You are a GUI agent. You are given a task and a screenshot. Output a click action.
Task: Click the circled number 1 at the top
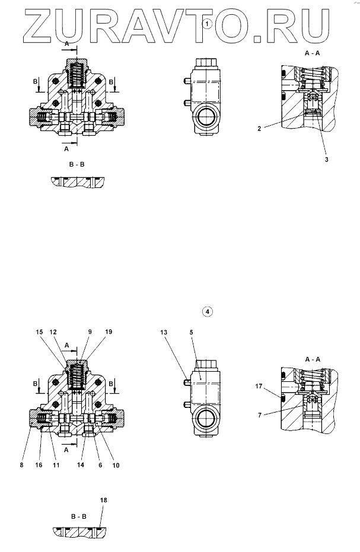point(206,23)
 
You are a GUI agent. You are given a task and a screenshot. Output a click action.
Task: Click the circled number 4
point(206,311)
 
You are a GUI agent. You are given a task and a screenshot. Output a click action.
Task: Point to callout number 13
point(163,333)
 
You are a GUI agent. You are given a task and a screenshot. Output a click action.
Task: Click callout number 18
point(104,501)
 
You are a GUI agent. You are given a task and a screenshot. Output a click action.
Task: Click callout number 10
point(115,465)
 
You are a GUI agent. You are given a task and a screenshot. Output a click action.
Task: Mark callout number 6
point(100,465)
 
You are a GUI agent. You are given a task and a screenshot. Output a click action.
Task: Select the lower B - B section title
point(76,516)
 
